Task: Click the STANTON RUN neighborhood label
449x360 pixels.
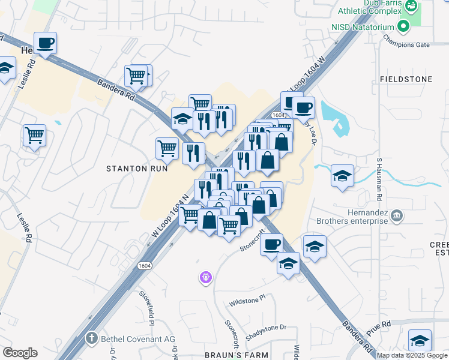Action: [x=137, y=169]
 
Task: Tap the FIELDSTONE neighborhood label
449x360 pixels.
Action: [x=406, y=79]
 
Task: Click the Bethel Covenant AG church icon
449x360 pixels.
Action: [x=91, y=339]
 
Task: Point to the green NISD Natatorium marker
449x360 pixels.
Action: [x=404, y=26]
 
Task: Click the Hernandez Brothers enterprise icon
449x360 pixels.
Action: [x=396, y=215]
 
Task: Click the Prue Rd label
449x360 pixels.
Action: [x=378, y=328]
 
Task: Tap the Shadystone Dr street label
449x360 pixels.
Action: [x=268, y=328]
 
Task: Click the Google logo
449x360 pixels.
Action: [x=20, y=353]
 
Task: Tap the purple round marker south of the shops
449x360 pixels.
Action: [x=205, y=277]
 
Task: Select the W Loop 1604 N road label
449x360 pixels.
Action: [x=170, y=219]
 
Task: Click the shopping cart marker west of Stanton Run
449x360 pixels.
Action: [x=35, y=135]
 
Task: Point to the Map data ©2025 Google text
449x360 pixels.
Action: [x=412, y=355]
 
